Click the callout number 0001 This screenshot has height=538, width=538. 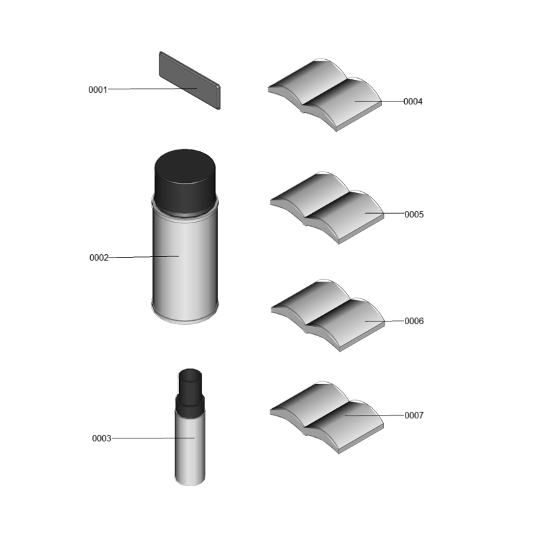pyautogui.click(x=98, y=89)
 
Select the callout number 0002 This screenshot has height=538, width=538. pyautogui.click(x=99, y=258)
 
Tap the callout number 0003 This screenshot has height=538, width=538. pyautogui.click(x=102, y=438)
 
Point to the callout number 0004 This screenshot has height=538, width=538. pyautogui.click(x=413, y=102)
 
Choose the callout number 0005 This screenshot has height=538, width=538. pyautogui.click(x=414, y=215)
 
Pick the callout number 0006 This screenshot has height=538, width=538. pyautogui.click(x=414, y=321)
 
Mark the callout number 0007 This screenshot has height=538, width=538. pyautogui.click(x=414, y=416)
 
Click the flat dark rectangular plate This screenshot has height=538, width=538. pyautogui.click(x=190, y=81)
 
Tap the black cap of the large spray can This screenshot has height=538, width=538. pyautogui.click(x=185, y=182)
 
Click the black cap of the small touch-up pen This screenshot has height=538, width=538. pyautogui.click(x=190, y=392)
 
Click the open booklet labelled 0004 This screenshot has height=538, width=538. pyautogui.click(x=325, y=95)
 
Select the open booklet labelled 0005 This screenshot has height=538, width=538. pyautogui.click(x=327, y=208)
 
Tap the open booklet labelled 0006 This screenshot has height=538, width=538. pyautogui.click(x=328, y=315)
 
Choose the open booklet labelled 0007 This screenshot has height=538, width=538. pyautogui.click(x=327, y=417)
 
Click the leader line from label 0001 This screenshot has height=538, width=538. pyautogui.click(x=153, y=89)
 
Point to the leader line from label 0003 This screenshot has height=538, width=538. pyautogui.click(x=153, y=438)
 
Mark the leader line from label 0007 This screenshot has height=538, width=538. pyautogui.click(x=375, y=415)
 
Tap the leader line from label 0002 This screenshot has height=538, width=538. pyautogui.click(x=144, y=257)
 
